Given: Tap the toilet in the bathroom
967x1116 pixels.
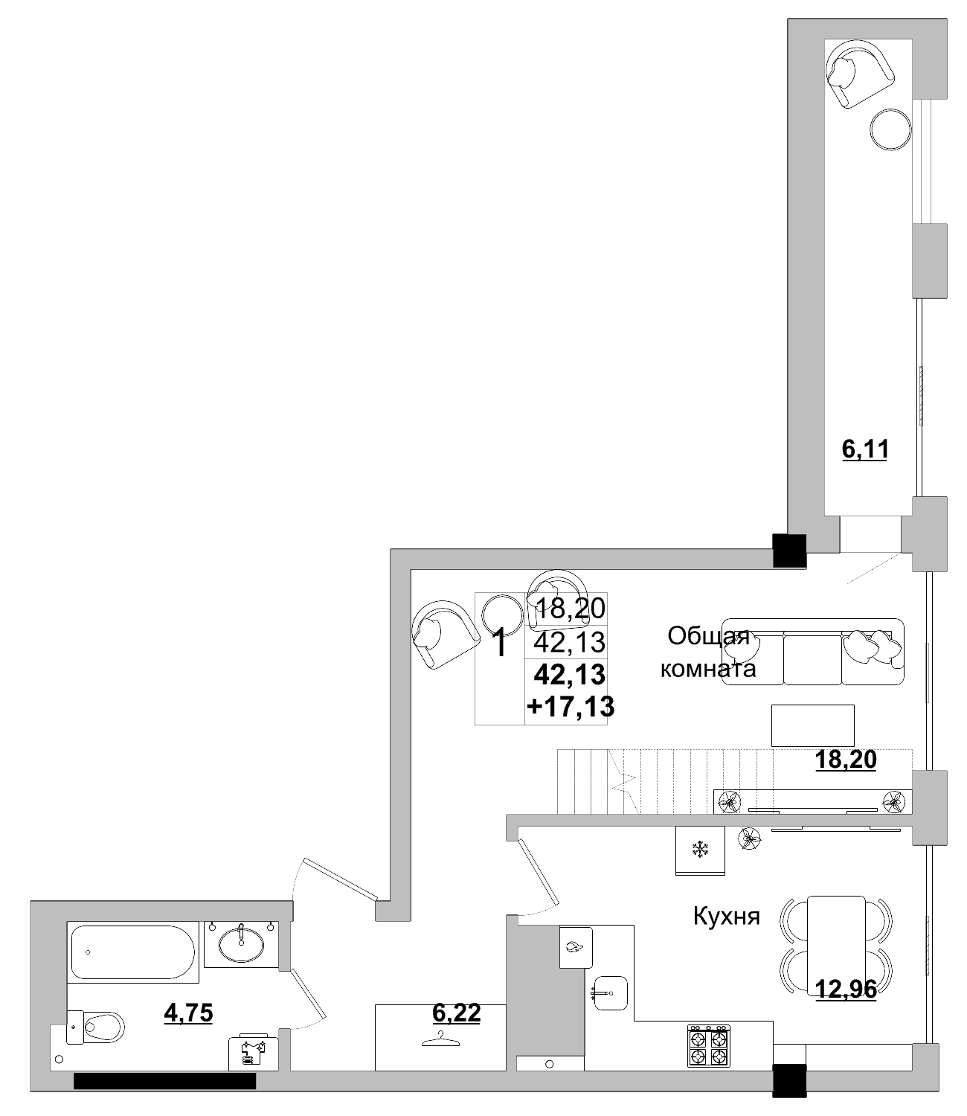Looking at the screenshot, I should coord(100,1027).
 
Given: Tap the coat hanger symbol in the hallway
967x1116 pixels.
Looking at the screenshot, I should coord(440,1038).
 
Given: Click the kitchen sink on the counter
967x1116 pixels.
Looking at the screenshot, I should coord(610,992).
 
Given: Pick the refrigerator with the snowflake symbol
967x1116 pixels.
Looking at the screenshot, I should coord(699,850).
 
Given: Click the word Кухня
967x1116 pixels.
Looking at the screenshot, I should coord(726,916).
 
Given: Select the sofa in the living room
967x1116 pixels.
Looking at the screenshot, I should coord(812,652).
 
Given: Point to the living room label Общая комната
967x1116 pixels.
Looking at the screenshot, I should coord(708,652).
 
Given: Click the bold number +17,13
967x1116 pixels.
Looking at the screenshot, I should coord(571,706).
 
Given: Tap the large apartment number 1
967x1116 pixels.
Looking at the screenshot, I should coord(501,642).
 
